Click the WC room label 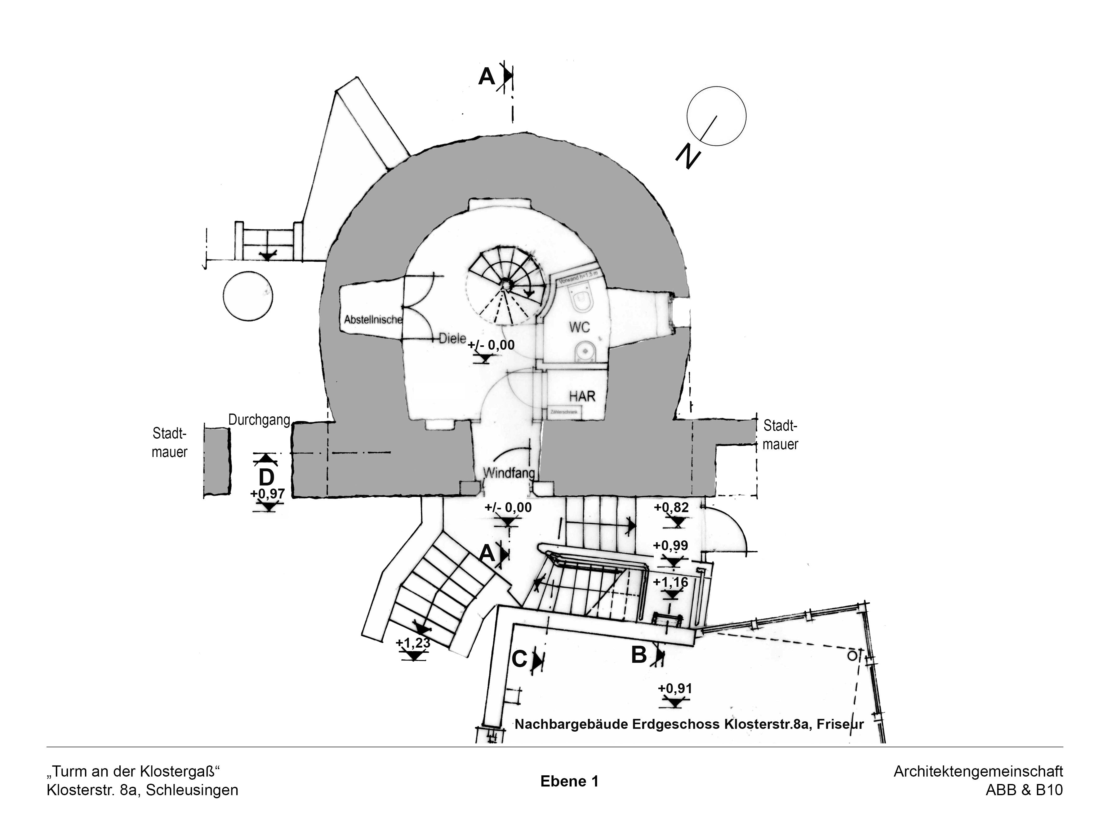coord(579,327)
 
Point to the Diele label coord(452,339)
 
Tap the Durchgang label coord(259,420)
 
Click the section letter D coord(266,477)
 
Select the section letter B coord(639,655)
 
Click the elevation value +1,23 coord(412,643)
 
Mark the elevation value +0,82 coord(671,507)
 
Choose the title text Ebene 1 coord(569,781)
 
